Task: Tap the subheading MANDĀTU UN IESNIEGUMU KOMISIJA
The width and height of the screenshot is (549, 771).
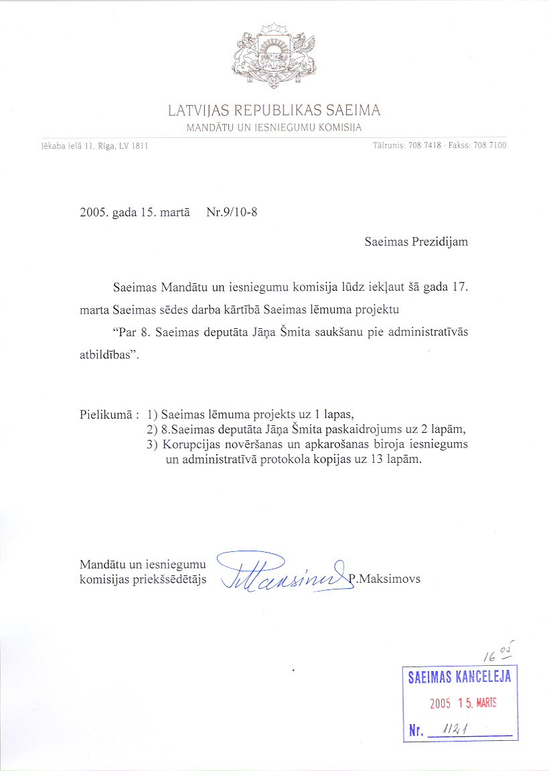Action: [274, 127]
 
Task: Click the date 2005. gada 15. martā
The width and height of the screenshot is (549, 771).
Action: [134, 214]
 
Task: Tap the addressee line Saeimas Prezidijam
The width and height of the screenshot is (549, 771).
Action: [416, 242]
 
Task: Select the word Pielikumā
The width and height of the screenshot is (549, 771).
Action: [105, 414]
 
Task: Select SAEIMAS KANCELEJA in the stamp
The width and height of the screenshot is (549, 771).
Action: [459, 677]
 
